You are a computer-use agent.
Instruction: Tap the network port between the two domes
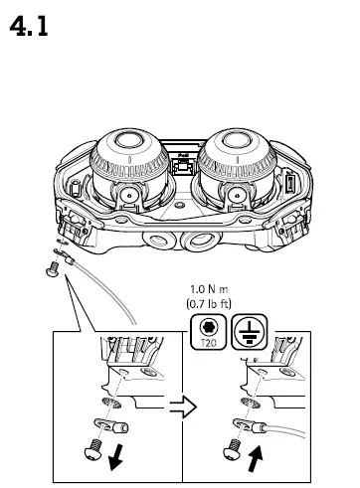tap(182, 167)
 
